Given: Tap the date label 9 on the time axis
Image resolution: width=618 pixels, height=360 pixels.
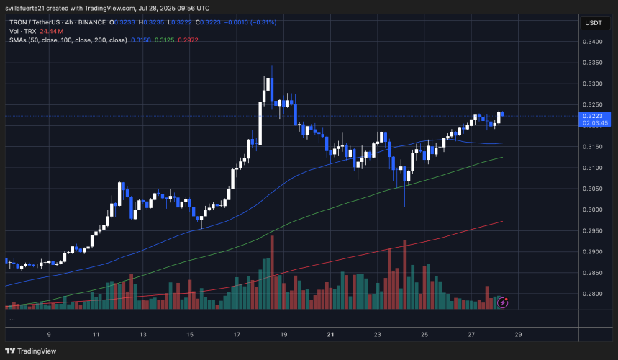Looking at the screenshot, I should (49, 335).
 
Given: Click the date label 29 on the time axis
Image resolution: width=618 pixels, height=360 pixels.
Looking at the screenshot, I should (518, 335).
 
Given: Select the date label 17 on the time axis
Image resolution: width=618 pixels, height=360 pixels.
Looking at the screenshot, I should (237, 335).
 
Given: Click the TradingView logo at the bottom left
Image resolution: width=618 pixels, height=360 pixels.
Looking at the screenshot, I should (29, 351).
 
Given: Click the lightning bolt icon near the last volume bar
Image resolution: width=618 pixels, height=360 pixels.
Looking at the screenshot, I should (503, 303).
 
